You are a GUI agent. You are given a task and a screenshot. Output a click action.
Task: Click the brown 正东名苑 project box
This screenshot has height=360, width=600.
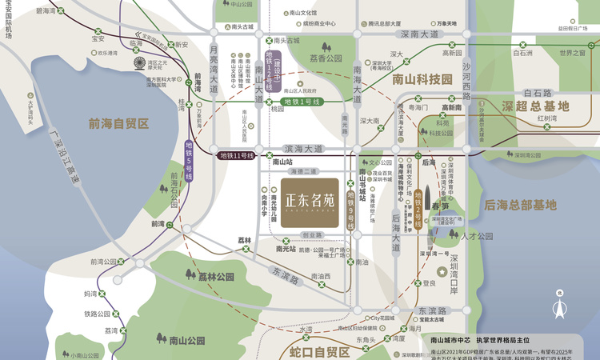tap(309, 203)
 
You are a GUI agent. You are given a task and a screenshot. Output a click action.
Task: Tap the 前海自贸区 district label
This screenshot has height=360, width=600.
tap(119, 123)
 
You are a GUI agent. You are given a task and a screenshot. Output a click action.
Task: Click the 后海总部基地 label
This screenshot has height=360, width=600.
tap(520, 205)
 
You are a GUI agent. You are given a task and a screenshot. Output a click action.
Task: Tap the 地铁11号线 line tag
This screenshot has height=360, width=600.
tap(237, 155)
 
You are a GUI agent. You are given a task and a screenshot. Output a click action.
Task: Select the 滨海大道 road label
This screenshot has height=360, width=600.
tap(303, 149)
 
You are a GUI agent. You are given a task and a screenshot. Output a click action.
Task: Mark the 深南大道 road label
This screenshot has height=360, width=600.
tap(419, 35)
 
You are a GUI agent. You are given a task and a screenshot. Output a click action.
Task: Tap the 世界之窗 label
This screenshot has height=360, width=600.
tap(572, 53)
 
